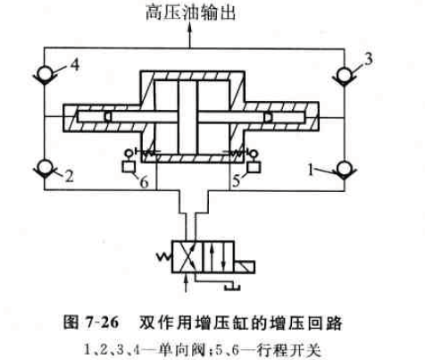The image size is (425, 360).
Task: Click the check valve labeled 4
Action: click(45, 73)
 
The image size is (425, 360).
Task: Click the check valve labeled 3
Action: click(345, 75)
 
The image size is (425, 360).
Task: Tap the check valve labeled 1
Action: click(345, 170)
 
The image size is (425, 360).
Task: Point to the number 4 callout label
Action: click(75, 64)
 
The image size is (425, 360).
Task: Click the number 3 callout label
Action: click(368, 59)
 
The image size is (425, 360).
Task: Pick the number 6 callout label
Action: click(145, 182)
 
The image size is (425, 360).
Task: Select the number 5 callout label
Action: click(236, 180)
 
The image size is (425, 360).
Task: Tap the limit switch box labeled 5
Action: click(254, 166)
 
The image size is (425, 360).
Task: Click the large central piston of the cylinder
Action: click(187, 117)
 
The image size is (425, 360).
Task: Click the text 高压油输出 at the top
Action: click(191, 13)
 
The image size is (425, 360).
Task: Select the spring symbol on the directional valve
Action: click(163, 256)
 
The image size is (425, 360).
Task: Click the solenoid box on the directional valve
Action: click(245, 267)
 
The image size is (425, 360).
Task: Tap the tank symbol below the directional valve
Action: click(233, 287)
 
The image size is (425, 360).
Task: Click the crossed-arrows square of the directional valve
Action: click(187, 256)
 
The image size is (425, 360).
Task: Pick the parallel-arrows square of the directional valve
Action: click(218, 256)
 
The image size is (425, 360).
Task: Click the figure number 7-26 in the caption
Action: click(102, 322)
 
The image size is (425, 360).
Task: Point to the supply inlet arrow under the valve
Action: click(187, 283)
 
